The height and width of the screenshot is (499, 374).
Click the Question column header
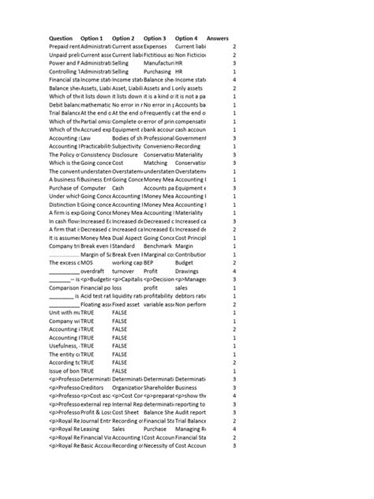[x=61, y=38]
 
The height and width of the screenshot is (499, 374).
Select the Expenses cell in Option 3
[x=156, y=47]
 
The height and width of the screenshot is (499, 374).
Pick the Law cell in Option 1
[x=86, y=137]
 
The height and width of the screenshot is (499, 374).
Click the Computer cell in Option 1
[x=93, y=187]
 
